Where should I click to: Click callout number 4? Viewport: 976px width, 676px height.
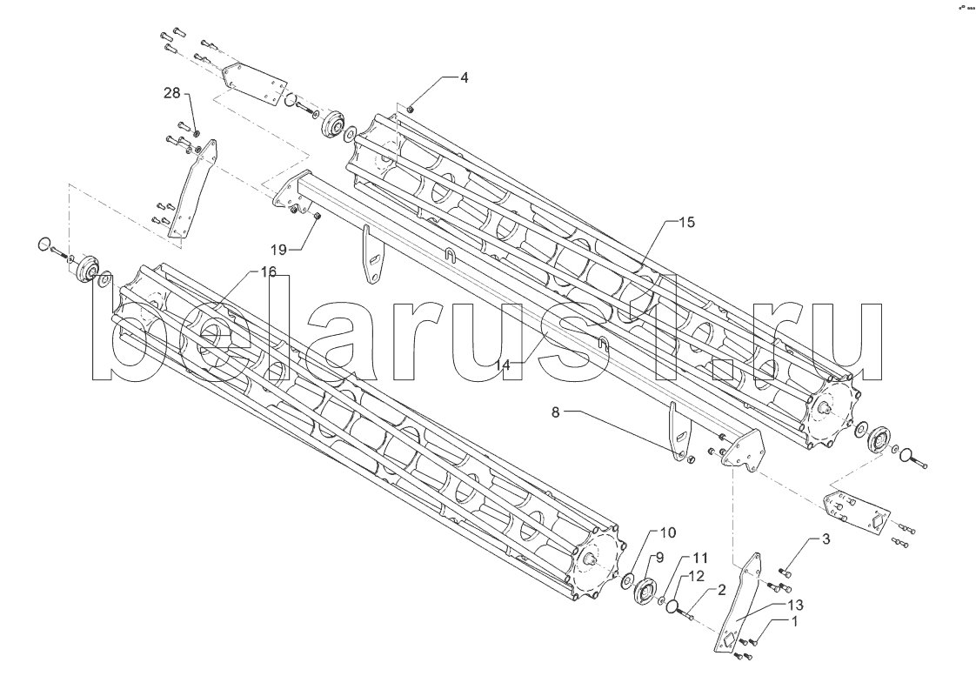[465, 77]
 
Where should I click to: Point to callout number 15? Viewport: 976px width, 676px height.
[686, 223]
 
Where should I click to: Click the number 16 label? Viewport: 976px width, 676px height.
[268, 272]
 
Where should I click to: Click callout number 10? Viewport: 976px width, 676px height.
[666, 532]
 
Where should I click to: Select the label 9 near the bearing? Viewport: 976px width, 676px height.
[659, 557]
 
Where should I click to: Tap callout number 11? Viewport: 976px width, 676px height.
[700, 557]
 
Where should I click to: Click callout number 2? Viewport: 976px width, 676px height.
[721, 589]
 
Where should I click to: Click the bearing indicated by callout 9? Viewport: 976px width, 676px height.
[645, 592]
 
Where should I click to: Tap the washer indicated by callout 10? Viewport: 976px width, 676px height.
[627, 580]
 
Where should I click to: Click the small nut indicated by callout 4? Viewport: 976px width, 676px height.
[411, 109]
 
